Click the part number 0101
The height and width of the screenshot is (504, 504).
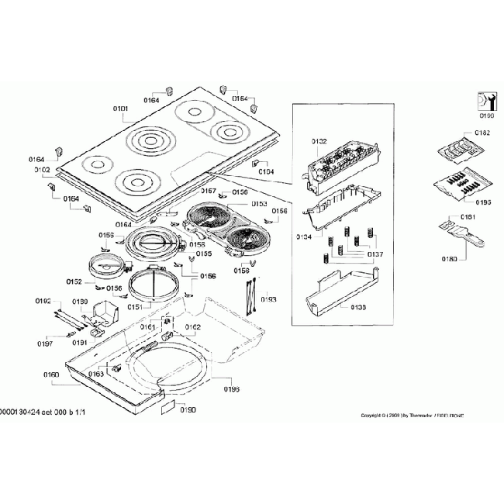(x=120, y=109)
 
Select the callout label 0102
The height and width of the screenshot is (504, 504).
(x=42, y=170)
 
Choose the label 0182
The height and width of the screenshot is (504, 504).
(x=482, y=133)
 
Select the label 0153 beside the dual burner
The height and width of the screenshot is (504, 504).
(x=258, y=204)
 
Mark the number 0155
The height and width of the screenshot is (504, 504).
(x=203, y=254)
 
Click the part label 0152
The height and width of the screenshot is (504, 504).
(x=74, y=281)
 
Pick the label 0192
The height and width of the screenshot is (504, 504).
(x=43, y=300)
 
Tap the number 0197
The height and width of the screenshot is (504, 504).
(x=46, y=343)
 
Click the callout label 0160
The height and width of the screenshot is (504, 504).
(x=52, y=375)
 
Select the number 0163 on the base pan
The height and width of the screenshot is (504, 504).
(x=95, y=374)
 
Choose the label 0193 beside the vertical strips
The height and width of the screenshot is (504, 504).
(x=268, y=298)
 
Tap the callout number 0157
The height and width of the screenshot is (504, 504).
(x=209, y=190)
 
